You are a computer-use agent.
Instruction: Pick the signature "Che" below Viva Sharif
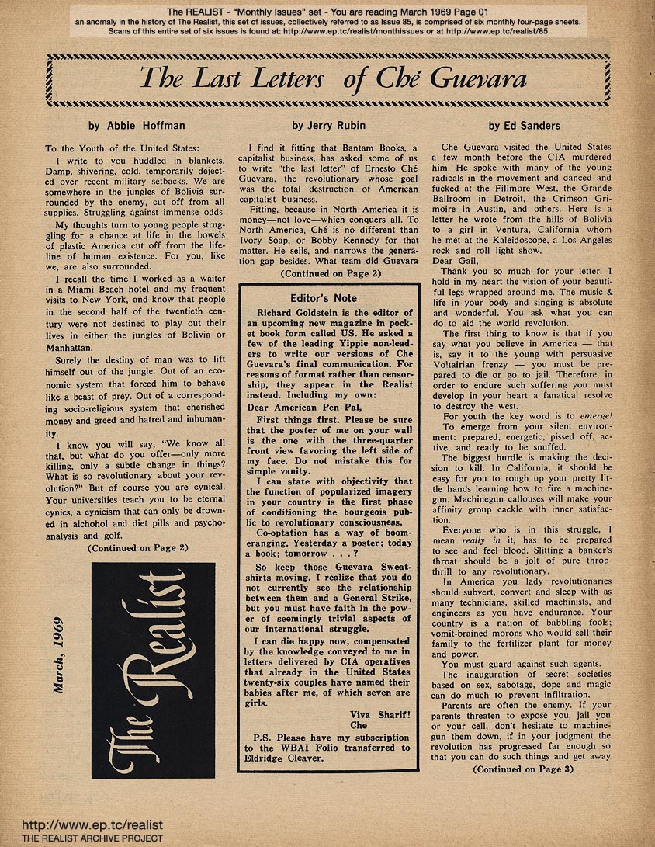coord(359,724)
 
